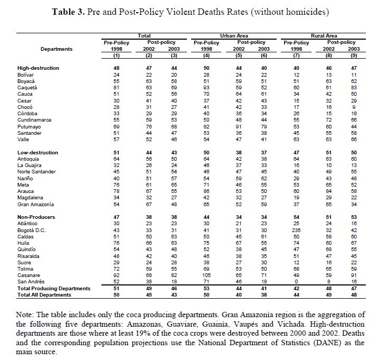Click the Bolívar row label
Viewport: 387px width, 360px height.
point(25,75)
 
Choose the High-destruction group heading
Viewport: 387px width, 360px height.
point(38,68)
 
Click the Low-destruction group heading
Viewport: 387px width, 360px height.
point(37,152)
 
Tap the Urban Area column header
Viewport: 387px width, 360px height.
point(228,35)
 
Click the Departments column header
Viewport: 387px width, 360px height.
point(55,49)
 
